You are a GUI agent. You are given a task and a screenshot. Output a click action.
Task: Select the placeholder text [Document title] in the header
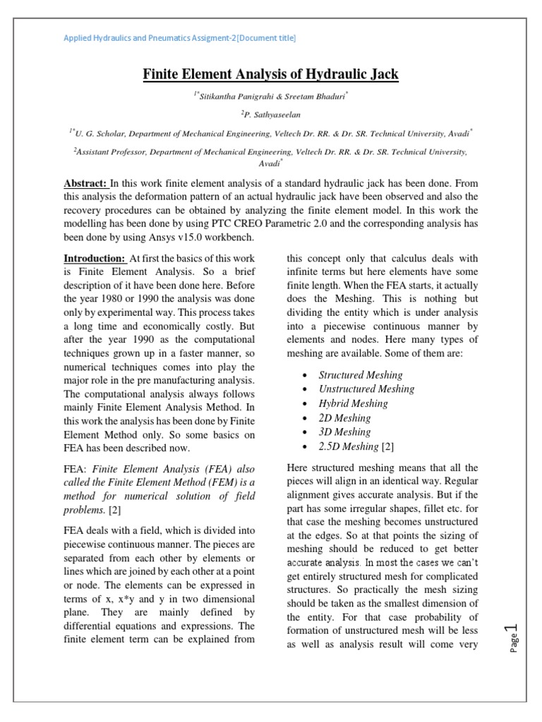click(x=262, y=37)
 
